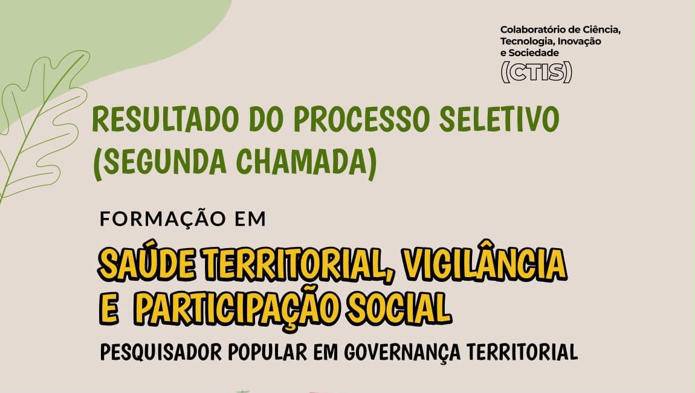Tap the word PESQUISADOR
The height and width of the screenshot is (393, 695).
(160, 353)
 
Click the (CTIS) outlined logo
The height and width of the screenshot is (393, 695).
(536, 72)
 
